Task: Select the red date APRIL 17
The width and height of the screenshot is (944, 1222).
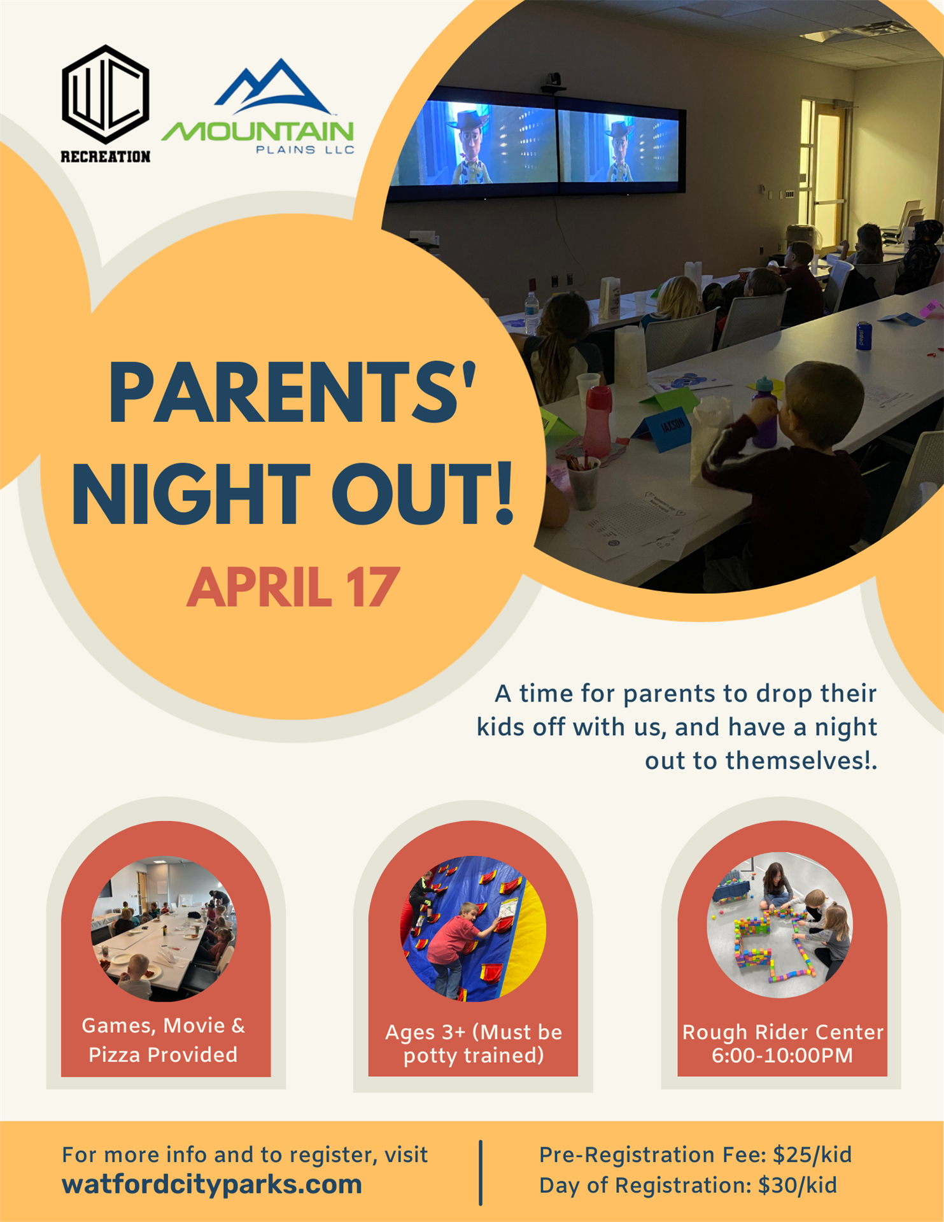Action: (x=293, y=587)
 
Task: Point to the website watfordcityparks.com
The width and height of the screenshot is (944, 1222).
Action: (x=212, y=1184)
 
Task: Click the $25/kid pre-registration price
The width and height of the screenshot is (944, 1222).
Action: (x=812, y=1155)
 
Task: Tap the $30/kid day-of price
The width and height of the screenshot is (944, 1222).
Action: (x=798, y=1185)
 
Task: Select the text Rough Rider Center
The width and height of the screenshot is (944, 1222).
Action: (x=783, y=1032)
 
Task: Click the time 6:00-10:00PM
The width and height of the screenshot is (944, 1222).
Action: (x=782, y=1055)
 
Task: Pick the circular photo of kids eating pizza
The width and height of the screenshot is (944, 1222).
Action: (x=164, y=929)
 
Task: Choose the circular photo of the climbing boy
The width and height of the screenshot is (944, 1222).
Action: (x=473, y=929)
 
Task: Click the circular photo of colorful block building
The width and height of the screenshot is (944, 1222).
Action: (x=780, y=925)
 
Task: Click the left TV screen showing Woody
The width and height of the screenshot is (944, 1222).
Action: (x=475, y=144)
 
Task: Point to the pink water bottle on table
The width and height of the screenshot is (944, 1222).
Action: (x=598, y=421)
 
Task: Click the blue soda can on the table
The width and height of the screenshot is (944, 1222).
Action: (x=864, y=335)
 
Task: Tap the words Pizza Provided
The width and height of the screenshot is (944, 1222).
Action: (x=163, y=1055)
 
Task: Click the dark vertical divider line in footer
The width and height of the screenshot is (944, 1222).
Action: (x=481, y=1173)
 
